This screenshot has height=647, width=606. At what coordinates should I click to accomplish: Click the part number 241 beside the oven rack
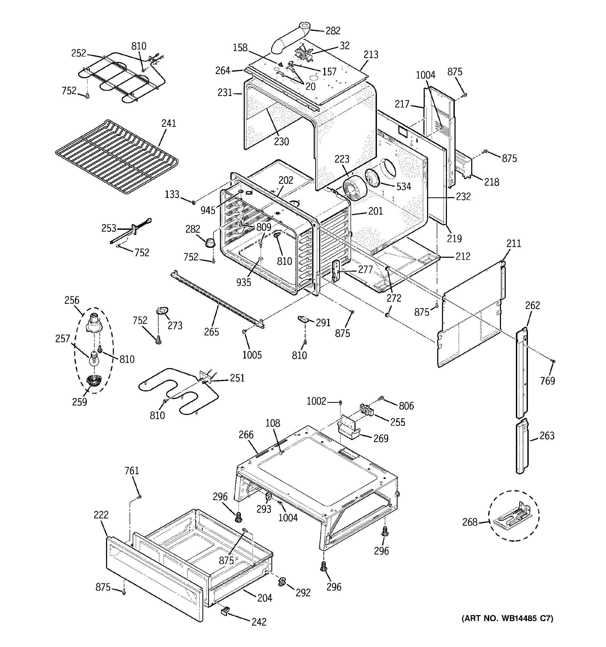point(169,123)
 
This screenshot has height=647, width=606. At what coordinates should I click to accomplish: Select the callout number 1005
point(252,355)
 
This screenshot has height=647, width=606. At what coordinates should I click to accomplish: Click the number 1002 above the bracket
point(316,401)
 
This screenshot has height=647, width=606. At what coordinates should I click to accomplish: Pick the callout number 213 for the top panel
point(371,55)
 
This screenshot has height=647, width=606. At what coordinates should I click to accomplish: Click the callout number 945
point(208,210)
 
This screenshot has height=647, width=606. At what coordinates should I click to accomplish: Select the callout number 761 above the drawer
point(132,471)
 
